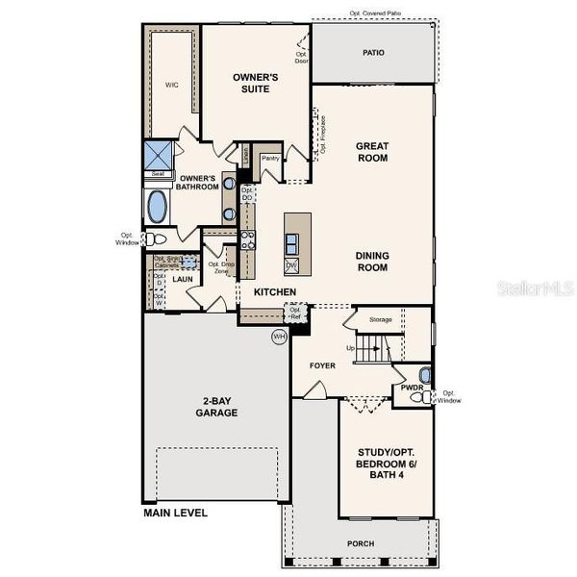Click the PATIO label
pyautogui.click(x=372, y=52)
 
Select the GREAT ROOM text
pyautogui.click(x=372, y=154)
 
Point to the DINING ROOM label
pyautogui.click(x=372, y=261)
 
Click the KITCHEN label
pyautogui.click(x=274, y=291)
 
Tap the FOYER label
pyautogui.click(x=322, y=366)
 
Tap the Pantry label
pyautogui.click(x=269, y=157)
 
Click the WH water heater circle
pyautogui.click(x=279, y=337)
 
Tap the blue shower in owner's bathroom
pyautogui.click(x=158, y=154)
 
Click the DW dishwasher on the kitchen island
pyautogui.click(x=291, y=264)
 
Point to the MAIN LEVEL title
pyautogui.click(x=175, y=513)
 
